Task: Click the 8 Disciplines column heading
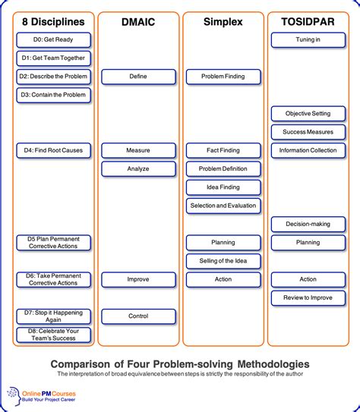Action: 53,22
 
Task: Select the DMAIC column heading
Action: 137,22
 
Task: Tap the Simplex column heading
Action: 223,22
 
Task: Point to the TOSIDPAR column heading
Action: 308,22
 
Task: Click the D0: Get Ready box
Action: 53,40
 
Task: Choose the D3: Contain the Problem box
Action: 53,95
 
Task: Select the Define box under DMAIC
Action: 137,77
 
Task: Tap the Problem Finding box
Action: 223,77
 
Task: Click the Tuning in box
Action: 308,40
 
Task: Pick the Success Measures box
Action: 308,132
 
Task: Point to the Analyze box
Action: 137,168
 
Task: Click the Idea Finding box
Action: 223,187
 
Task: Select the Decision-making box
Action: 308,224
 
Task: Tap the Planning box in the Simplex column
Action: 223,243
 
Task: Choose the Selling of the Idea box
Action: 223,261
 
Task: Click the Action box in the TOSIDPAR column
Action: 308,279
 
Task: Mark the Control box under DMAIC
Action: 137,316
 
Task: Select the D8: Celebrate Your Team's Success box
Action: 53,335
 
